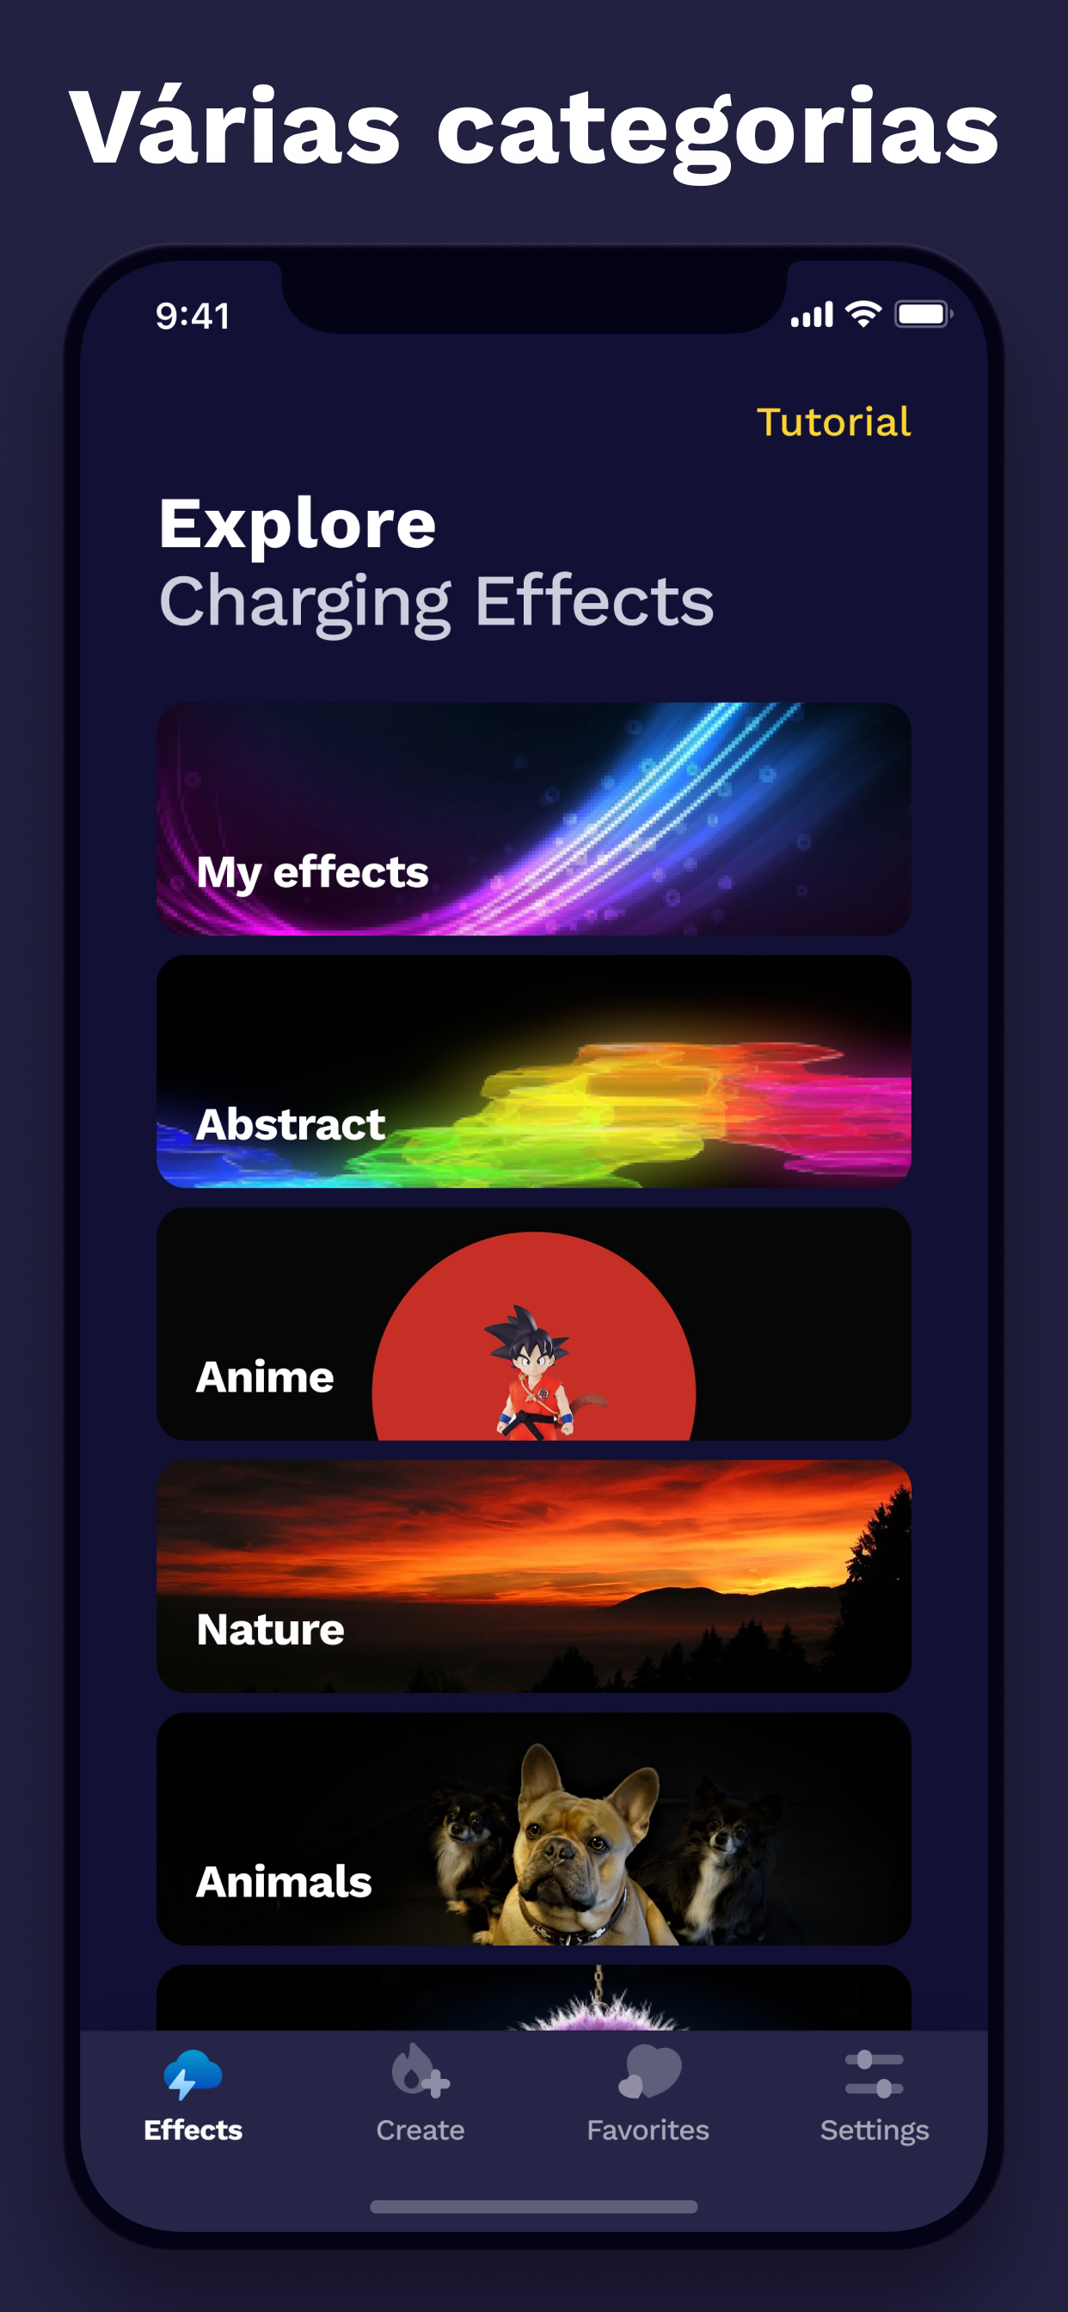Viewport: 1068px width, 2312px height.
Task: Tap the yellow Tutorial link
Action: (834, 421)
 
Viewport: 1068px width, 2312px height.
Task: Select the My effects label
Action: (312, 872)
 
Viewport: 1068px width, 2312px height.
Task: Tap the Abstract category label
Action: (291, 1123)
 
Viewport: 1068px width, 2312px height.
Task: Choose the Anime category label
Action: (265, 1377)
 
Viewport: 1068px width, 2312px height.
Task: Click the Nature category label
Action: (270, 1629)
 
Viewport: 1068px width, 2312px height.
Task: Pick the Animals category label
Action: (284, 1881)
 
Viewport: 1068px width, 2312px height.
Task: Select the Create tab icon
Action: (420, 2071)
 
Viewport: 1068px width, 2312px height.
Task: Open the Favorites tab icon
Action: (649, 2071)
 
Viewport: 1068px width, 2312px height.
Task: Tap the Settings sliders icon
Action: (875, 2074)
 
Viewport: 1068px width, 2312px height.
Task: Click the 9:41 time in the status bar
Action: (193, 316)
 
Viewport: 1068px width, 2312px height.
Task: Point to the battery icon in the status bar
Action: (924, 314)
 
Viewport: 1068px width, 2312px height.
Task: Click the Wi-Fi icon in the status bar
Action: (863, 314)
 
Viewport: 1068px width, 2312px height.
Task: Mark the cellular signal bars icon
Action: (813, 315)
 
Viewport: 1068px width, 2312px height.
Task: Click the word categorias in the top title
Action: (718, 130)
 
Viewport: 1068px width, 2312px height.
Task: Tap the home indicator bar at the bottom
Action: (534, 2206)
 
